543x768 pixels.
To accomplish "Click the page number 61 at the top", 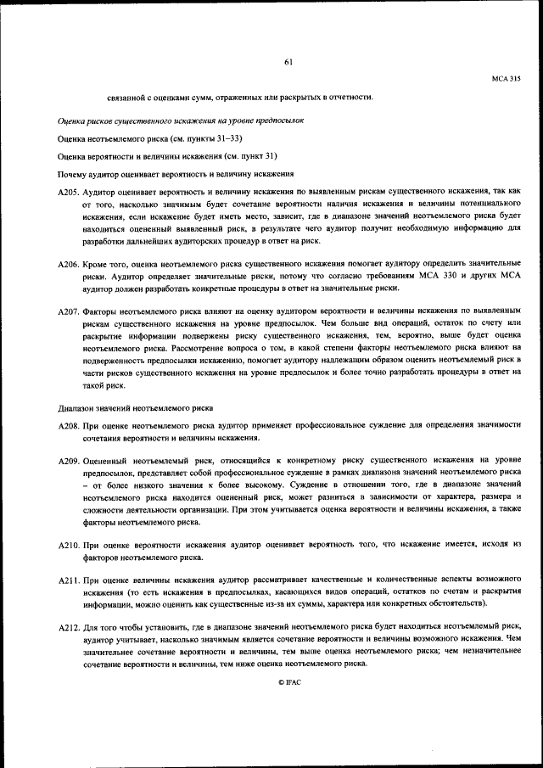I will (x=288, y=60).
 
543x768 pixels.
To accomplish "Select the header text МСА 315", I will (x=506, y=79).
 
